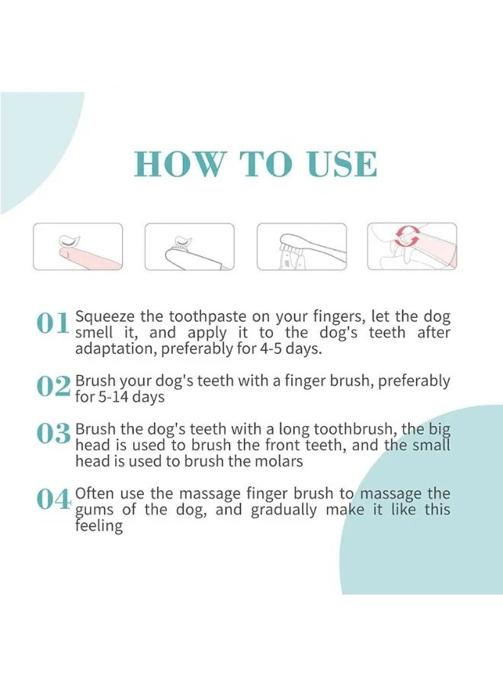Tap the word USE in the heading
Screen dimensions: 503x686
point(341,164)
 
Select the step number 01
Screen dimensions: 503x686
point(53,324)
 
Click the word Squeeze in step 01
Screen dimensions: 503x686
point(105,316)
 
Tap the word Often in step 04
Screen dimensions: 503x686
point(95,493)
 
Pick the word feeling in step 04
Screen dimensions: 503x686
point(99,526)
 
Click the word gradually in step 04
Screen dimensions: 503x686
point(284,510)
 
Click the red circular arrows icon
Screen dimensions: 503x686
point(407,237)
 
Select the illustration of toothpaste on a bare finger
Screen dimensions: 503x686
point(78,246)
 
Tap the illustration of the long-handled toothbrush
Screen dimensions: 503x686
point(302,246)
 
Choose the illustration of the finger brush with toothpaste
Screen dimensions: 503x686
point(190,246)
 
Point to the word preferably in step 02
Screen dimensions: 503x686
point(414,381)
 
